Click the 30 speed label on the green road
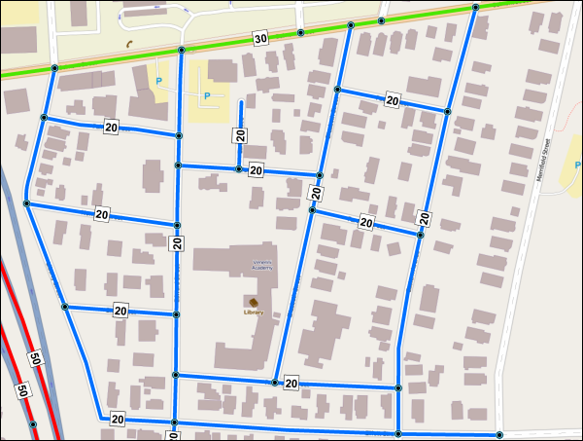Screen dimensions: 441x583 (259, 39)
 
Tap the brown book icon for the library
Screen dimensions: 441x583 (254, 302)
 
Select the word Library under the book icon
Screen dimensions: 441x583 (254, 312)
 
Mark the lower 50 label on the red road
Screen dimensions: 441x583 (20, 391)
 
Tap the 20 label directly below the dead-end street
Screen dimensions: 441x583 (257, 170)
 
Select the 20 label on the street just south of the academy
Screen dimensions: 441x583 (291, 386)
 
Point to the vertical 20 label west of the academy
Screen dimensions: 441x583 (178, 243)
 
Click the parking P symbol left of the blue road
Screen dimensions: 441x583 (159, 71)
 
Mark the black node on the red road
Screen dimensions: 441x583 (32, 424)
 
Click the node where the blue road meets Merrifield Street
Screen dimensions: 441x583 (499, 435)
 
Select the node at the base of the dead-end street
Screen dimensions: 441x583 (238, 168)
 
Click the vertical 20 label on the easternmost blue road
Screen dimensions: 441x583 (425, 216)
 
